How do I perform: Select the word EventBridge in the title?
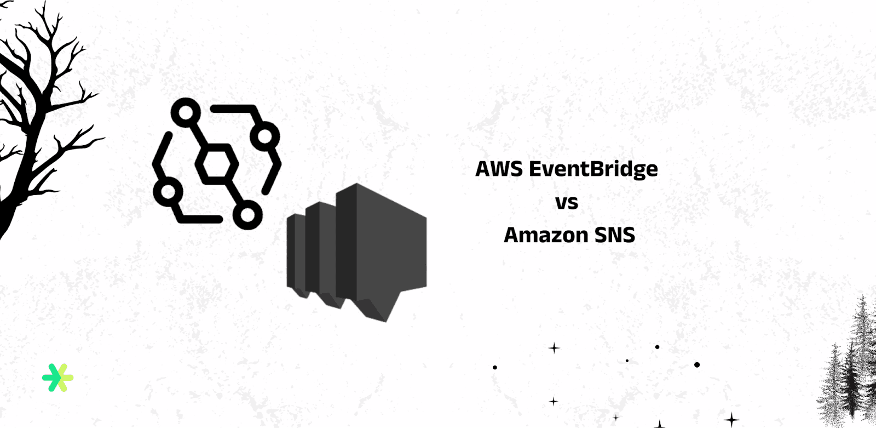click(593, 169)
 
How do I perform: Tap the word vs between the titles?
click(567, 203)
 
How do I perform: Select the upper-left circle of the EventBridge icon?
click(186, 113)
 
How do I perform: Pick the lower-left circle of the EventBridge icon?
click(168, 192)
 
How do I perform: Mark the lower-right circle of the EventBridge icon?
click(247, 214)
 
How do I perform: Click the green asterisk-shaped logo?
click(57, 378)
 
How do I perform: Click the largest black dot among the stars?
click(696, 364)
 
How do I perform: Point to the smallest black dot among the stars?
click(627, 361)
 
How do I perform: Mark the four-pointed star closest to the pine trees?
click(731, 420)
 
